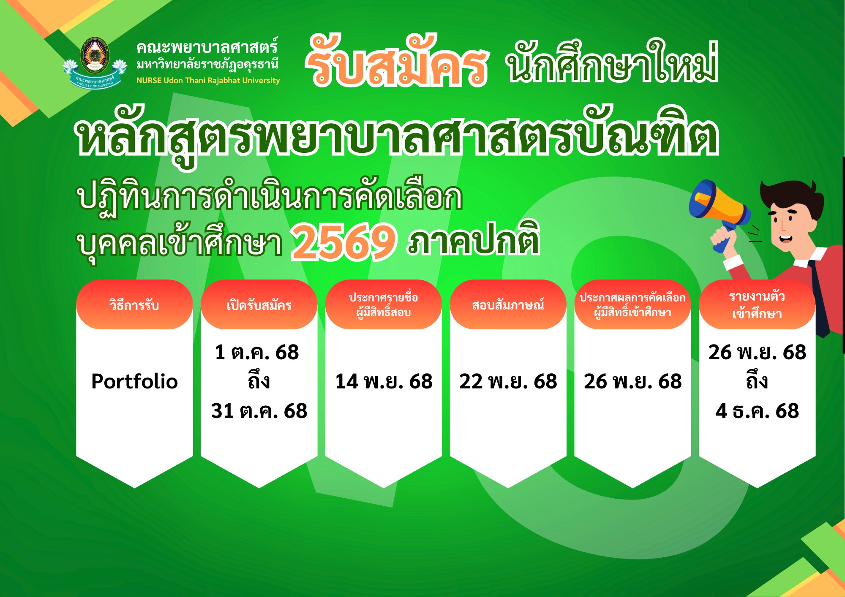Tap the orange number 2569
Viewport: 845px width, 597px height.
click(x=344, y=242)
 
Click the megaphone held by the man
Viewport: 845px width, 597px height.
click(x=718, y=207)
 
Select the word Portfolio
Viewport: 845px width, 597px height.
click(x=134, y=381)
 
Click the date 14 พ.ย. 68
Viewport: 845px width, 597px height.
click(x=384, y=381)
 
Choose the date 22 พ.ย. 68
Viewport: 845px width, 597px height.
click(x=508, y=381)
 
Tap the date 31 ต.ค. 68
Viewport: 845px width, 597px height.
click(x=259, y=411)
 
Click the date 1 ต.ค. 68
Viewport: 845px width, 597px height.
click(x=257, y=352)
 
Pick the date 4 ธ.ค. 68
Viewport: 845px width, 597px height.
click(x=757, y=411)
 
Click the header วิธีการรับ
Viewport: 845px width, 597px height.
click(x=134, y=304)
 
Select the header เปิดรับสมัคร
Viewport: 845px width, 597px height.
click(x=259, y=304)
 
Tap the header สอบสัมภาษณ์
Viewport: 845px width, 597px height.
click(x=508, y=304)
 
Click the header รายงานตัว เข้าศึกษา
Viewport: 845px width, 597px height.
click(x=757, y=305)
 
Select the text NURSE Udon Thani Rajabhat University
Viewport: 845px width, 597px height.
click(x=208, y=80)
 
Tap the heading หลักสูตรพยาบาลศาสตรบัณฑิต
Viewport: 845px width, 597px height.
click(x=397, y=135)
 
